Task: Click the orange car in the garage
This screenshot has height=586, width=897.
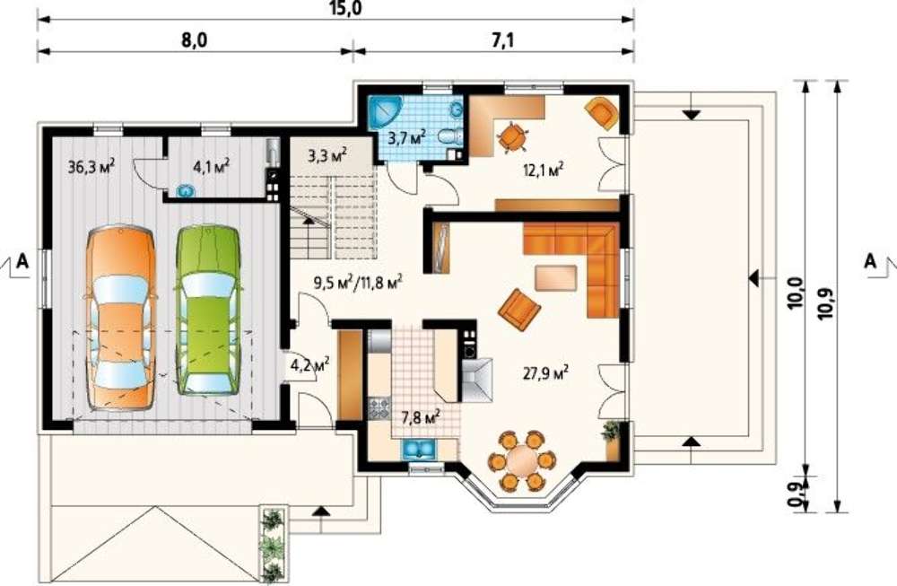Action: pos(121,319)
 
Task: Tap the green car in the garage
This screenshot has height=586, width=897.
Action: pos(208,310)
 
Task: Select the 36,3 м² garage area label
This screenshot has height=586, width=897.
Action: pos(91,168)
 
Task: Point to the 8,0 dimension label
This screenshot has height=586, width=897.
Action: pos(195,40)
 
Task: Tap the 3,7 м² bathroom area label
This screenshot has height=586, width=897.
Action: pos(406,137)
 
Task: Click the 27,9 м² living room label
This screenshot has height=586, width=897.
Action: pos(545,373)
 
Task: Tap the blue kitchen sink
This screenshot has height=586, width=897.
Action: pos(420,450)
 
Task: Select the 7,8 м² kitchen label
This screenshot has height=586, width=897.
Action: pos(420,417)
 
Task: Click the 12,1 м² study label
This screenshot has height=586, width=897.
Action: pos(544,170)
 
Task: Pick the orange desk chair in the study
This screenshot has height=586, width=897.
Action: pos(512,137)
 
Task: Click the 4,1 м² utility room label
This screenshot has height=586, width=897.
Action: pos(212,167)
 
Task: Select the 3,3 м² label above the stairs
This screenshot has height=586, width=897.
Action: pos(327,155)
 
